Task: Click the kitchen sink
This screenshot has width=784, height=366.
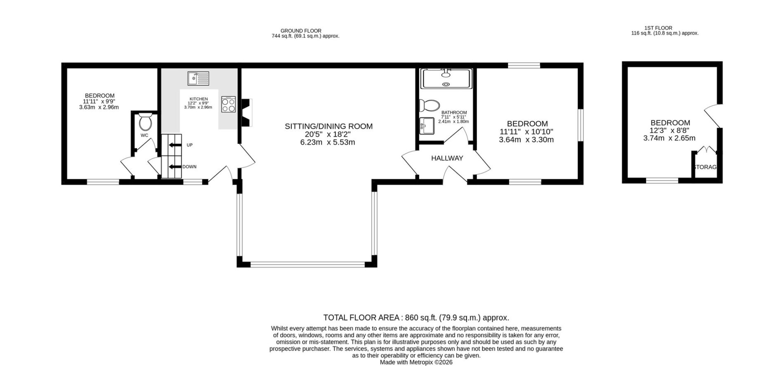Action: [x=198, y=78]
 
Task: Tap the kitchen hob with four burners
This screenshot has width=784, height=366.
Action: [x=228, y=104]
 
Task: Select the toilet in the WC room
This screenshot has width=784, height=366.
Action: [x=145, y=122]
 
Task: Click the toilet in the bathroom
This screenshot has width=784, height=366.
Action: [x=430, y=106]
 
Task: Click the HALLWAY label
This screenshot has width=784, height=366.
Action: [x=447, y=158]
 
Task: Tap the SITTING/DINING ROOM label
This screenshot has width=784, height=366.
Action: [x=328, y=126]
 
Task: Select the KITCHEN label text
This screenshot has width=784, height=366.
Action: [x=198, y=99]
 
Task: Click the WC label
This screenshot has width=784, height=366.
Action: [x=144, y=135]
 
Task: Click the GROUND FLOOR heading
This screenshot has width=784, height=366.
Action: [x=301, y=30]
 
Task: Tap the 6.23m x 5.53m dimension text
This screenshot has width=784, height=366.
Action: [x=328, y=143]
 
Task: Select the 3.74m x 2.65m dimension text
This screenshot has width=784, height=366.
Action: [x=669, y=138]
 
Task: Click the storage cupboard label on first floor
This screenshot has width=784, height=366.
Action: [x=706, y=167]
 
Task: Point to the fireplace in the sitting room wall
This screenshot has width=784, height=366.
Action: [x=246, y=112]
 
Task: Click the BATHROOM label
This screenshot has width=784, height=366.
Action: [x=454, y=113]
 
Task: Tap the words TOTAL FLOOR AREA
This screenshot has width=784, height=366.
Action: [x=361, y=318]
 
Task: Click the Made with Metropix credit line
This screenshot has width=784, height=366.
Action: [x=416, y=362]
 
